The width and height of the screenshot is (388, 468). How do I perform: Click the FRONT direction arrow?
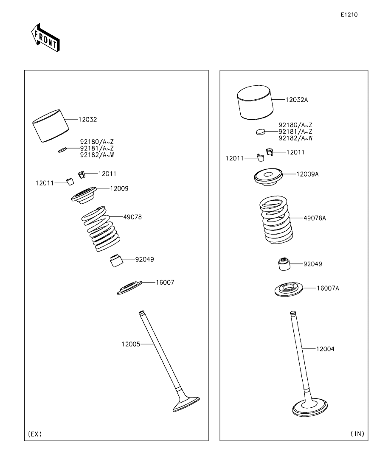click(x=45, y=37)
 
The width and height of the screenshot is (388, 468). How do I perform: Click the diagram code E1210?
click(x=349, y=14)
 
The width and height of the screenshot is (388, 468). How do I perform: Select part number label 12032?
click(x=88, y=119)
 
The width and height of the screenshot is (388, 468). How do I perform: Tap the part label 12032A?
click(x=297, y=100)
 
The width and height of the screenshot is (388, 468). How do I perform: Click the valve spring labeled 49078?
click(x=101, y=229)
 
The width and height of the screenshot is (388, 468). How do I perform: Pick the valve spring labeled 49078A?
click(x=276, y=219)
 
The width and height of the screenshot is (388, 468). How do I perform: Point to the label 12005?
click(x=131, y=344)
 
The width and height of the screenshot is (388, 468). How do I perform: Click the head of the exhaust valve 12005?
click(x=186, y=404)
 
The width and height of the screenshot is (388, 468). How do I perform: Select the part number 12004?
click(x=325, y=349)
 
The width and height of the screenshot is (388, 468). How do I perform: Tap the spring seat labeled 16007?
click(x=129, y=288)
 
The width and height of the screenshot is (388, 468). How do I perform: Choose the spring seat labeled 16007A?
click(x=289, y=289)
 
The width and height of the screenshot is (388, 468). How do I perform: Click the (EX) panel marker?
click(x=35, y=434)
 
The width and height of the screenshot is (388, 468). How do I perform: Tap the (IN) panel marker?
click(x=357, y=434)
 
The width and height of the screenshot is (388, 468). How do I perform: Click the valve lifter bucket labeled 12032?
click(x=51, y=126)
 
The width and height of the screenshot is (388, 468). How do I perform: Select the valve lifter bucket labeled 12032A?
click(x=256, y=103)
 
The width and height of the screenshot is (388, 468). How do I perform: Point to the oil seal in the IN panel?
click(x=284, y=263)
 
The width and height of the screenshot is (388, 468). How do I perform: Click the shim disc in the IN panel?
click(x=261, y=132)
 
